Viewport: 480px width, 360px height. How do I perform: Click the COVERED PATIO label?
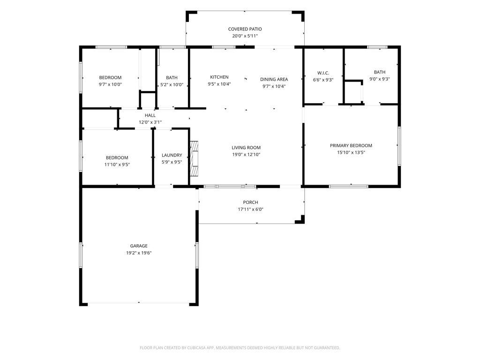(x=245, y=29)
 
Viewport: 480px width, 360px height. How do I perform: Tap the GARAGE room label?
(x=139, y=246)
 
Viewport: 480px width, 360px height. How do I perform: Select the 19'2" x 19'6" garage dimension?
(x=139, y=253)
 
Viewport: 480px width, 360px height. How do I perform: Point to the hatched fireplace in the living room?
(x=194, y=158)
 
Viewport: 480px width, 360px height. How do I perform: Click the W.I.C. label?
(x=323, y=73)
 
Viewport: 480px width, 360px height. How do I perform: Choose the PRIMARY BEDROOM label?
(x=351, y=145)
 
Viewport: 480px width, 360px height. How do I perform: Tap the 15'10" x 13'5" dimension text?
(x=351, y=152)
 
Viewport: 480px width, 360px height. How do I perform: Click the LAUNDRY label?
(x=172, y=155)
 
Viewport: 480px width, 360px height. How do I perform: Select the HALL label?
(x=150, y=115)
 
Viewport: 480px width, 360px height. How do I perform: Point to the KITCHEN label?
(x=219, y=77)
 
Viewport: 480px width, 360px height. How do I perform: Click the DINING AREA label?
(x=274, y=79)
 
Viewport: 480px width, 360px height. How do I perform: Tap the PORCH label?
(x=250, y=202)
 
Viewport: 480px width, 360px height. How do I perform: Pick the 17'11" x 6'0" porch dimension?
(x=251, y=210)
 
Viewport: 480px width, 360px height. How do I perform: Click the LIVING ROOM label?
(x=246, y=148)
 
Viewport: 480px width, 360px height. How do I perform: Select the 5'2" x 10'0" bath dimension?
(x=172, y=85)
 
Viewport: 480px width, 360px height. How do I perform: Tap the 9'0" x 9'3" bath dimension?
(x=380, y=79)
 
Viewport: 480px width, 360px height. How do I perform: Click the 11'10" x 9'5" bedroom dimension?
(x=117, y=165)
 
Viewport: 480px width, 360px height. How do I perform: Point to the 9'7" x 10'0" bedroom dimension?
(x=110, y=84)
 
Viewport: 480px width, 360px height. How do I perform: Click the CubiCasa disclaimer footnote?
(x=240, y=348)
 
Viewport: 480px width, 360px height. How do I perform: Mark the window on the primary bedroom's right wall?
(x=399, y=146)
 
